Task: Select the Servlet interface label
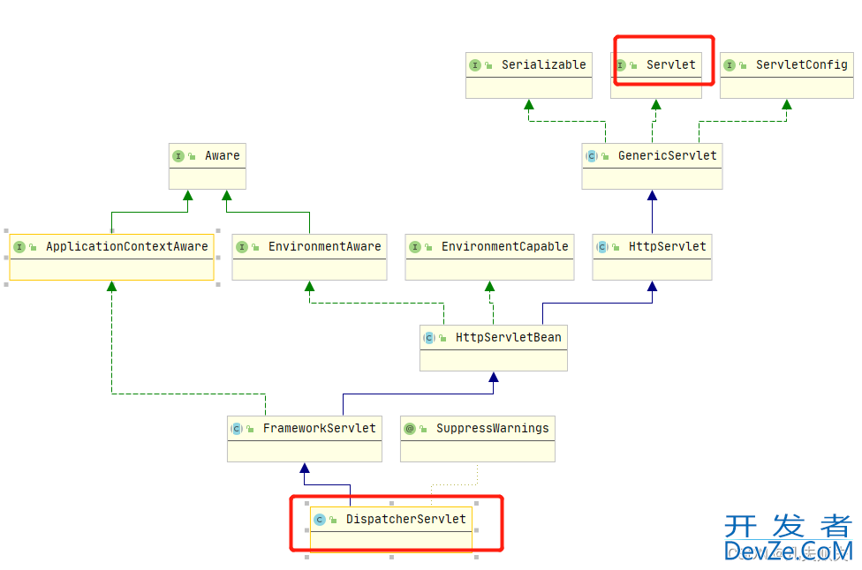(670, 65)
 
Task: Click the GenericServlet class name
(667, 156)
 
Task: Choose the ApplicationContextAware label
(126, 247)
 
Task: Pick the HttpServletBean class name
(508, 338)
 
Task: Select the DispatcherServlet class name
(405, 520)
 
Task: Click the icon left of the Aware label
(178, 156)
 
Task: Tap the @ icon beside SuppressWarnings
(409, 429)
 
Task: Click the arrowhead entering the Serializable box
(528, 105)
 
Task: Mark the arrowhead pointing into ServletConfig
(786, 105)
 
